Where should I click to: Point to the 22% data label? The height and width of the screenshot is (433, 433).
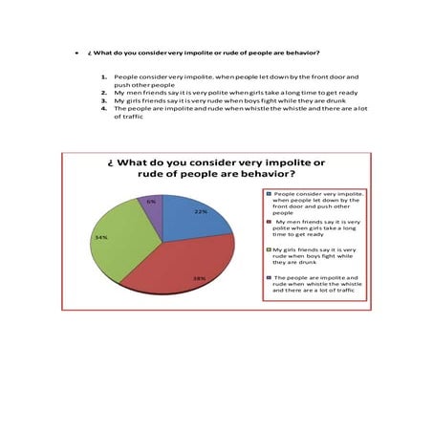point(201,211)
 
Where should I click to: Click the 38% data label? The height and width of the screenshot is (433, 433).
point(199,278)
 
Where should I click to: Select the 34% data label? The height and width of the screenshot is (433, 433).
point(100,236)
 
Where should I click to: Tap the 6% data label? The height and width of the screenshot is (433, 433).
point(151,202)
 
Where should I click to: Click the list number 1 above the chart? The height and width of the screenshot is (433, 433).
point(103,76)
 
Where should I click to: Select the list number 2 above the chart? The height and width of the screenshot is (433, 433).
point(103,92)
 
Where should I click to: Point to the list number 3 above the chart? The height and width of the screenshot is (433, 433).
point(103,99)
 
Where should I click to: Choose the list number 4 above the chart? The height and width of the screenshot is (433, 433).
point(103,108)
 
